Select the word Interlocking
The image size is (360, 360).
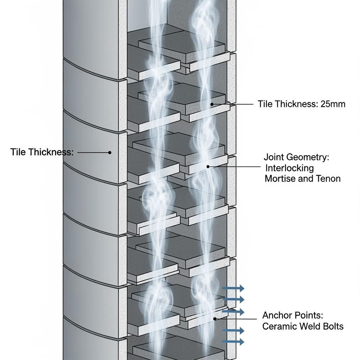coord(289,168)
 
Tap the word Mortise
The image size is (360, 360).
coord(280,179)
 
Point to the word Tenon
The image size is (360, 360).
coord(328,179)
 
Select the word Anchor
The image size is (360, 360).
coord(277,315)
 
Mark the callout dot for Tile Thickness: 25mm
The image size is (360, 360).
coord(212,104)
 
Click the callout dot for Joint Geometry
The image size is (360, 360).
coord(208,167)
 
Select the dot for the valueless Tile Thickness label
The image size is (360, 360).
coord(110,153)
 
